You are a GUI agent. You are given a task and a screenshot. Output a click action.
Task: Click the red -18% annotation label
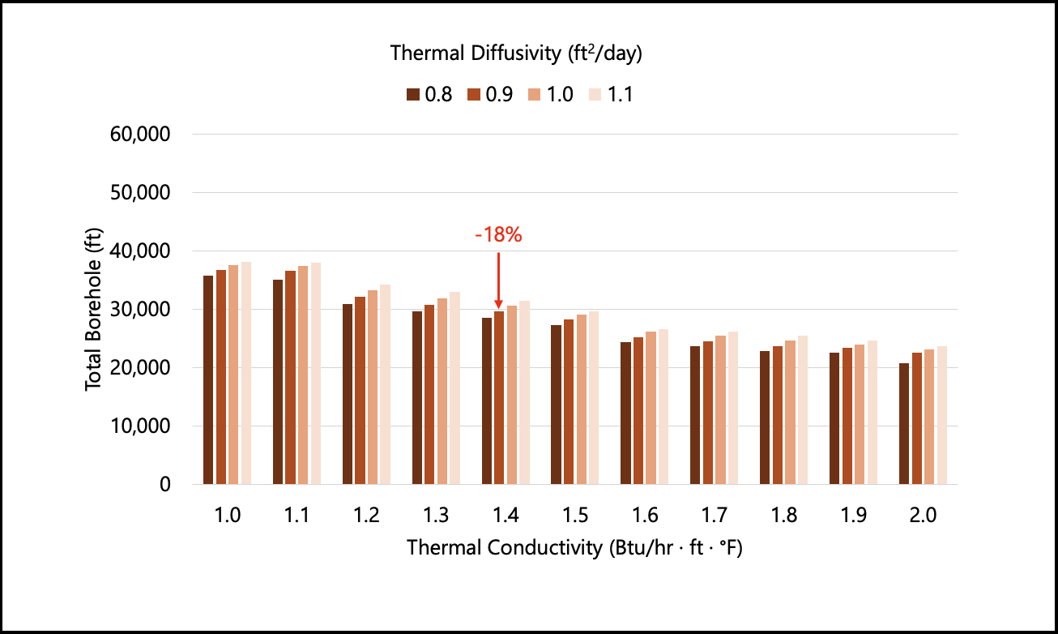tap(498, 236)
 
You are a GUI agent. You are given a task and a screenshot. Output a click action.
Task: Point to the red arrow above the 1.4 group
tap(498, 280)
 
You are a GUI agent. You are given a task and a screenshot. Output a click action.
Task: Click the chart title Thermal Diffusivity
tap(517, 54)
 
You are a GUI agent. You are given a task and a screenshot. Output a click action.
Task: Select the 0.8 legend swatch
tap(412, 95)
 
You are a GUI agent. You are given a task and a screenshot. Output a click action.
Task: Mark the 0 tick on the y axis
tap(164, 485)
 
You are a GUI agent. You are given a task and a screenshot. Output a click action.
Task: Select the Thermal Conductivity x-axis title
tap(575, 547)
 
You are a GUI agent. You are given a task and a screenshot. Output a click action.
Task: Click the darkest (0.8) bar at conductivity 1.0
tap(208, 380)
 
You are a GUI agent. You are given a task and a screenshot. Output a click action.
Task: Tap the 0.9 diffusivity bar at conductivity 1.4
tap(499, 398)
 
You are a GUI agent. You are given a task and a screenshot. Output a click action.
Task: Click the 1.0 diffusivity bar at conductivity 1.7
tap(720, 410)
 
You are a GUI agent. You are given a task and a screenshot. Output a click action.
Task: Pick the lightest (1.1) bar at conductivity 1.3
tap(454, 388)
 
